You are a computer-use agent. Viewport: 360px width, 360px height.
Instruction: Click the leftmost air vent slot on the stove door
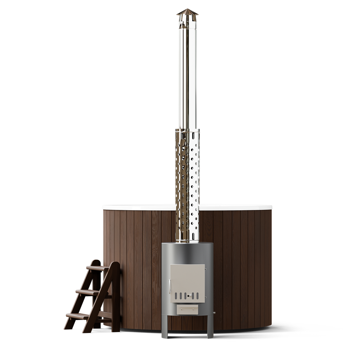176,296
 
